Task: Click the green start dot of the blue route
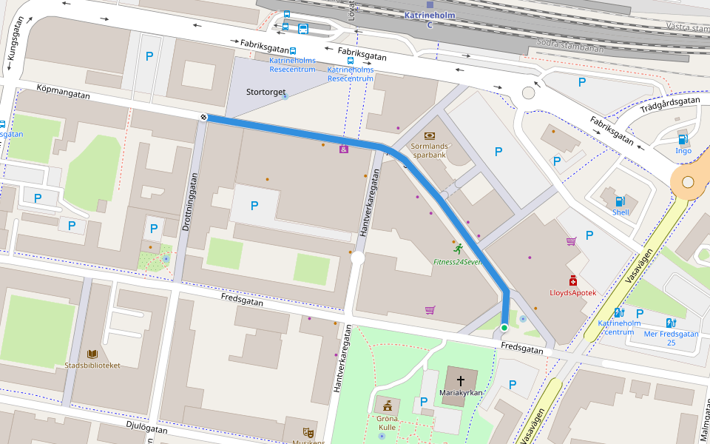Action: click(504, 328)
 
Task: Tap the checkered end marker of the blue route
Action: click(203, 117)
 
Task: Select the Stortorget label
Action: click(266, 92)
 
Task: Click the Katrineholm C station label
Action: click(429, 19)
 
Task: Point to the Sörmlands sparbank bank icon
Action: click(430, 135)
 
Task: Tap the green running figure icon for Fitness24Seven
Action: click(459, 248)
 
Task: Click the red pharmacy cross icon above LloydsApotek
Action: click(572, 280)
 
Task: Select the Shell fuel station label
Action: click(620, 212)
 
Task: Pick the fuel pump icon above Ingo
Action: click(683, 139)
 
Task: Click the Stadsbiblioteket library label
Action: click(92, 365)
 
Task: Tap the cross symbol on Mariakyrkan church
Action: click(461, 380)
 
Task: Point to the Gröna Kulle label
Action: click(387, 423)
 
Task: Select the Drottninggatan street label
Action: click(186, 201)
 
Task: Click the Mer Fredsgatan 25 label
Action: click(670, 338)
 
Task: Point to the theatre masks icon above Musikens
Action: click(308, 432)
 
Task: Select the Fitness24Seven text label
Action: click(458, 262)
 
